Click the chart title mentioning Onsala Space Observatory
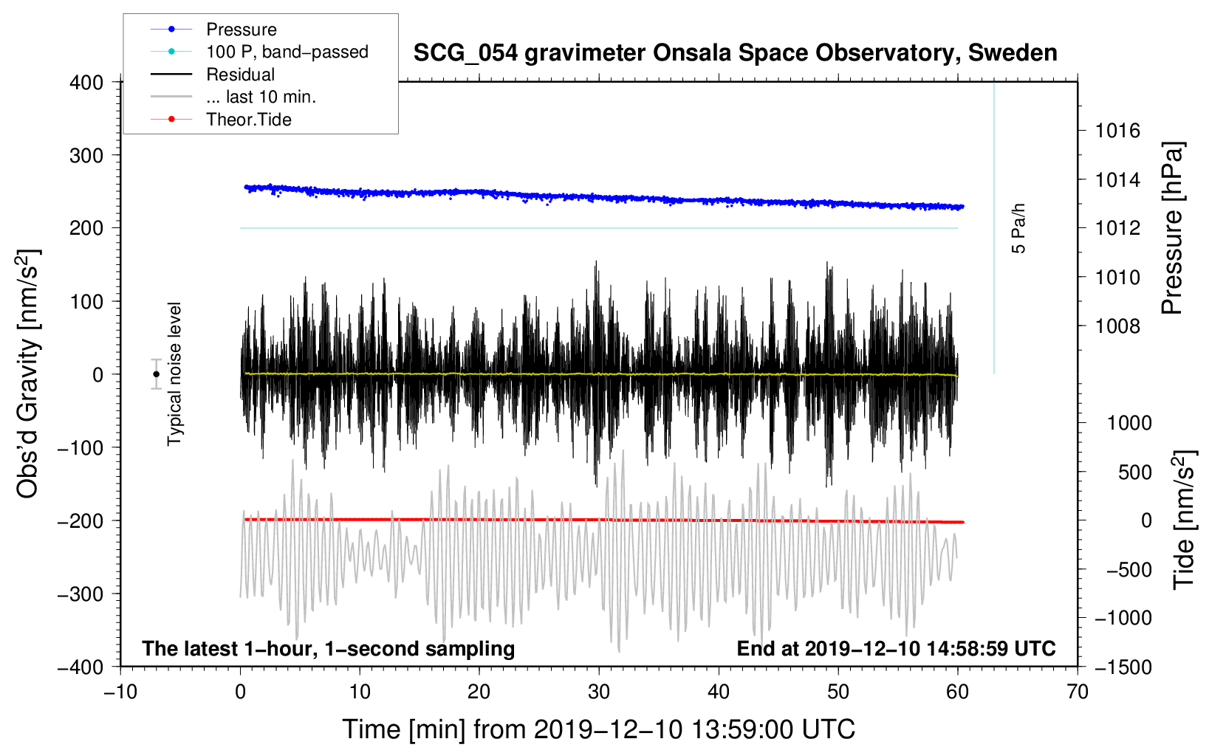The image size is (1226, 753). tap(735, 53)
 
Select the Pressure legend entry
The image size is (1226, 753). tap(242, 30)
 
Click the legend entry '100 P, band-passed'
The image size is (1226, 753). tap(287, 52)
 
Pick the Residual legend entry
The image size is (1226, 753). tap(240, 75)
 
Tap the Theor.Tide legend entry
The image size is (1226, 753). tap(249, 120)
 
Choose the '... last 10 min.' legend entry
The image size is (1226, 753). tap(261, 97)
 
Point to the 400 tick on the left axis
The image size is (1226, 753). tap(86, 83)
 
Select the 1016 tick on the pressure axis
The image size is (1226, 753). tap(1117, 131)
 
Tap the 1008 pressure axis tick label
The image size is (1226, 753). tap(1117, 326)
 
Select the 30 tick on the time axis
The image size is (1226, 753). tap(599, 692)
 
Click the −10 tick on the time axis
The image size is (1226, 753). tap(120, 692)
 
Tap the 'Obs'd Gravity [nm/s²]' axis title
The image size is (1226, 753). tap(28, 374)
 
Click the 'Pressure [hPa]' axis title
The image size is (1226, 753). tap(1172, 229)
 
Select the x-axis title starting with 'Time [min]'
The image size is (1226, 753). tap(599, 729)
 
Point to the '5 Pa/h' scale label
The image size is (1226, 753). tap(1018, 229)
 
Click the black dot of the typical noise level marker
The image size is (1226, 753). tap(156, 374)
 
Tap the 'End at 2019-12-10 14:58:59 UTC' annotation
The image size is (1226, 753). tap(896, 649)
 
